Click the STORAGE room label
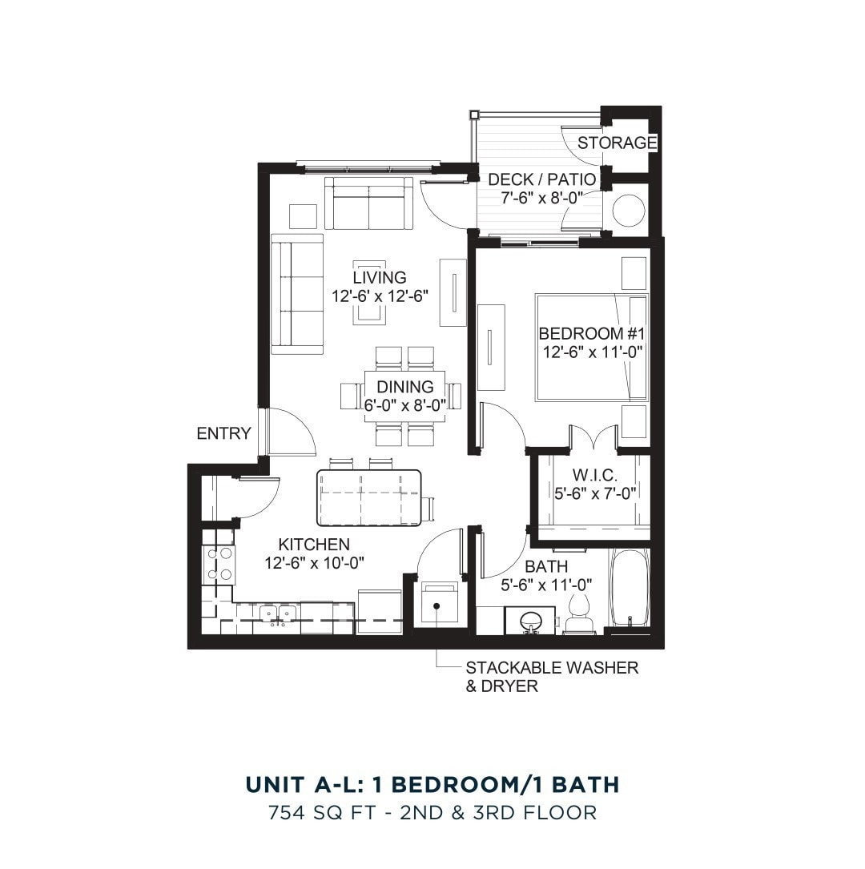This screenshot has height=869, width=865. pos(617,143)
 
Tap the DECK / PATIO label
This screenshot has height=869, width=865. pos(541,179)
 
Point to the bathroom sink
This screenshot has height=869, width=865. pos(529,621)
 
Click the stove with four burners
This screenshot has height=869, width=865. pos(219,564)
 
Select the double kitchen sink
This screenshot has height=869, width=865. pos(276,614)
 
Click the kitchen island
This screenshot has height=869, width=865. pos(369,497)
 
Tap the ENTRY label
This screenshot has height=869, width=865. pos(223,433)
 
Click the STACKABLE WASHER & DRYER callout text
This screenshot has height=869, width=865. pos(551,677)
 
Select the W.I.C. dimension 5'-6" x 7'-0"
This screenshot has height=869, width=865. pos(596,493)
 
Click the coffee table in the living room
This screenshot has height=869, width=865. pos(369,294)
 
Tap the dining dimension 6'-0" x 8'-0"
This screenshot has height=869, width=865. pos(404,405)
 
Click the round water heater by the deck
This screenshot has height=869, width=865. pos(628,211)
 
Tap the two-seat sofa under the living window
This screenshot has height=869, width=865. pos(368,204)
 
